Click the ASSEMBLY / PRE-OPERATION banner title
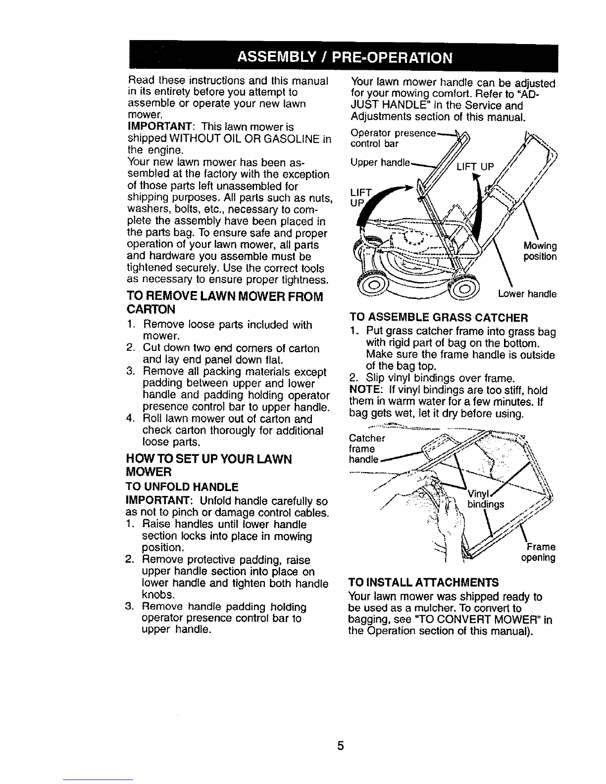(344, 58)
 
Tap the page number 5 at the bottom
(341, 745)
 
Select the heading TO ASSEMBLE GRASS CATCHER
(439, 318)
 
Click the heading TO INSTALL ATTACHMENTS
(423, 583)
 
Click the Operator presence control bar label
(394, 139)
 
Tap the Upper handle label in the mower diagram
(380, 163)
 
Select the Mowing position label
(540, 251)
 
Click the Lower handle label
(527, 294)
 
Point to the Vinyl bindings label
(486, 499)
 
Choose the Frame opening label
(538, 552)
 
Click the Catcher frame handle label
(367, 448)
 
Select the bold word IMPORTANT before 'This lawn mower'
(160, 127)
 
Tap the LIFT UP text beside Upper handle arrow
(475, 167)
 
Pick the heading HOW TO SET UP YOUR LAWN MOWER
(208, 465)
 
